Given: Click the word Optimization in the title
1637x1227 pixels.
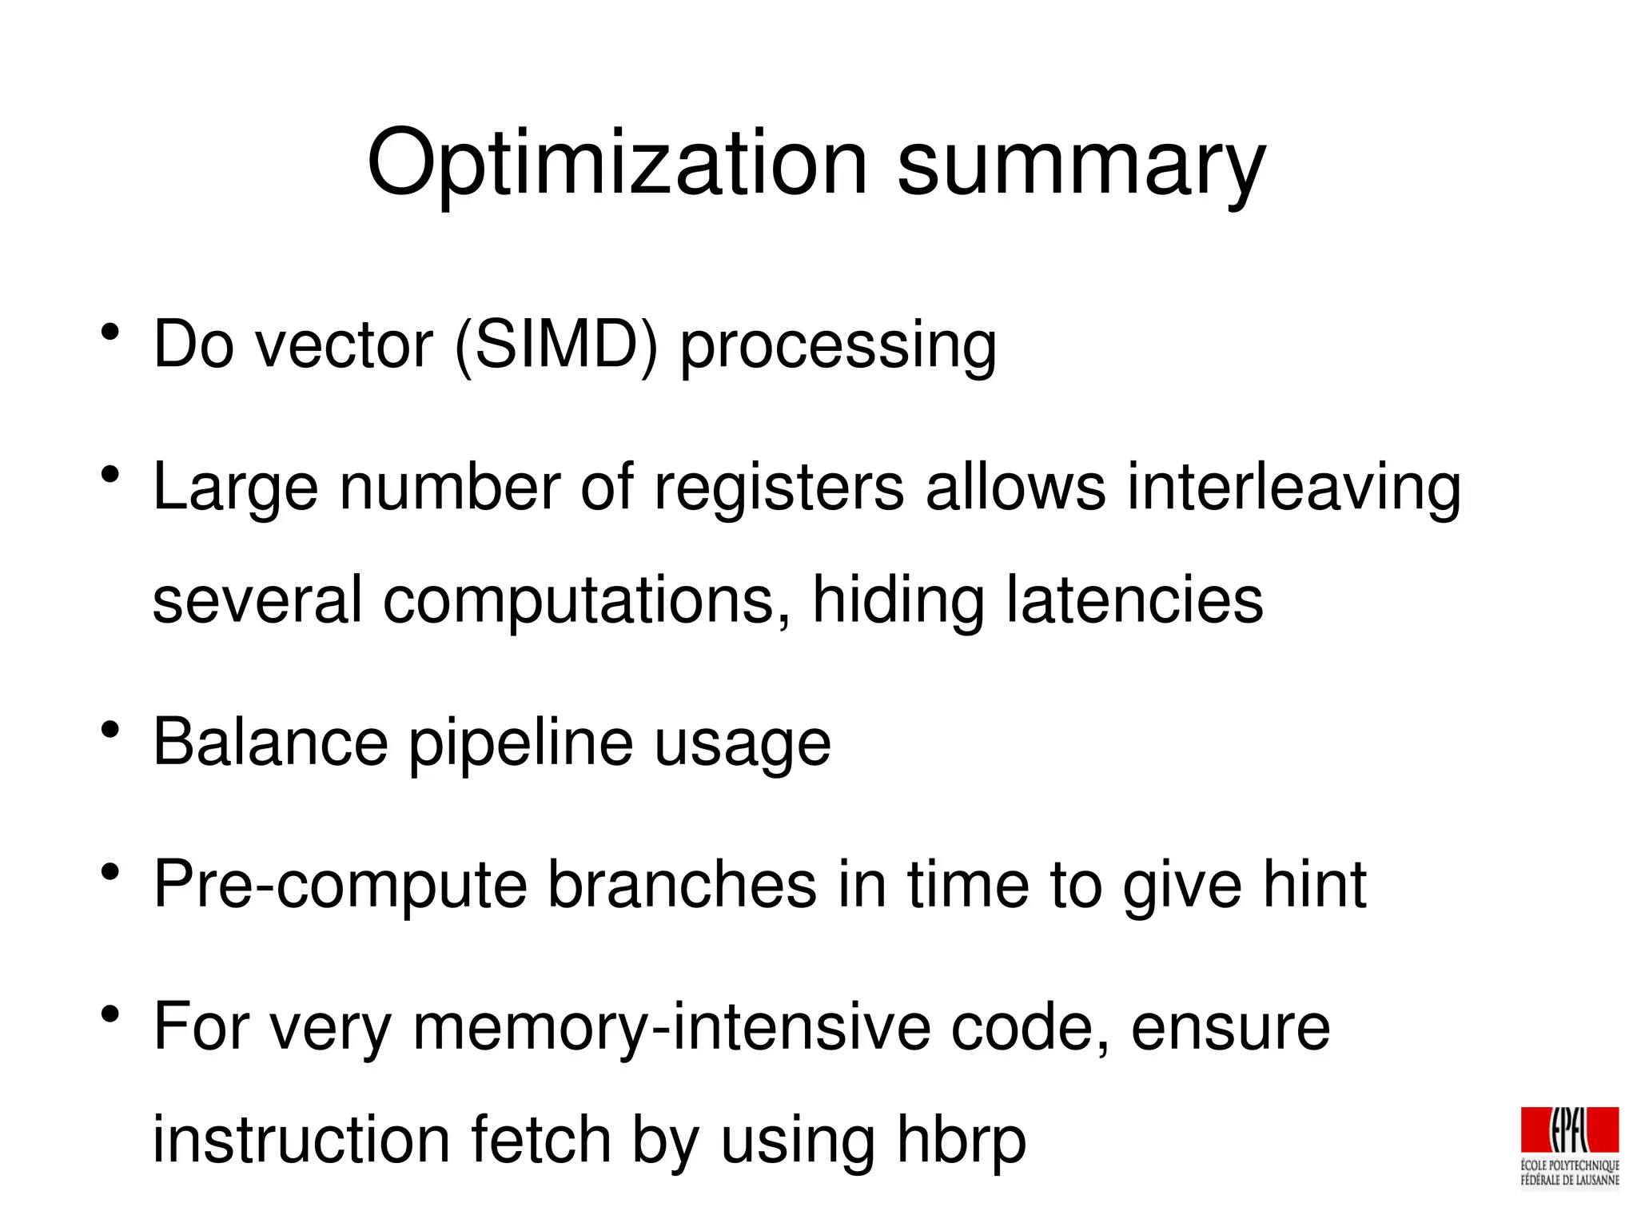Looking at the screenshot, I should coord(616,163).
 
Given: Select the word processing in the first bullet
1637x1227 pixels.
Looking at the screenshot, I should coord(838,348).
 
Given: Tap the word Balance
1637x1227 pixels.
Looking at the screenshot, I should coord(270,743).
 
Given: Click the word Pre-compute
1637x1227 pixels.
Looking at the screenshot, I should coord(340,885).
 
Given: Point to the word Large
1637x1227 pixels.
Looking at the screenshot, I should coord(235,489).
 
